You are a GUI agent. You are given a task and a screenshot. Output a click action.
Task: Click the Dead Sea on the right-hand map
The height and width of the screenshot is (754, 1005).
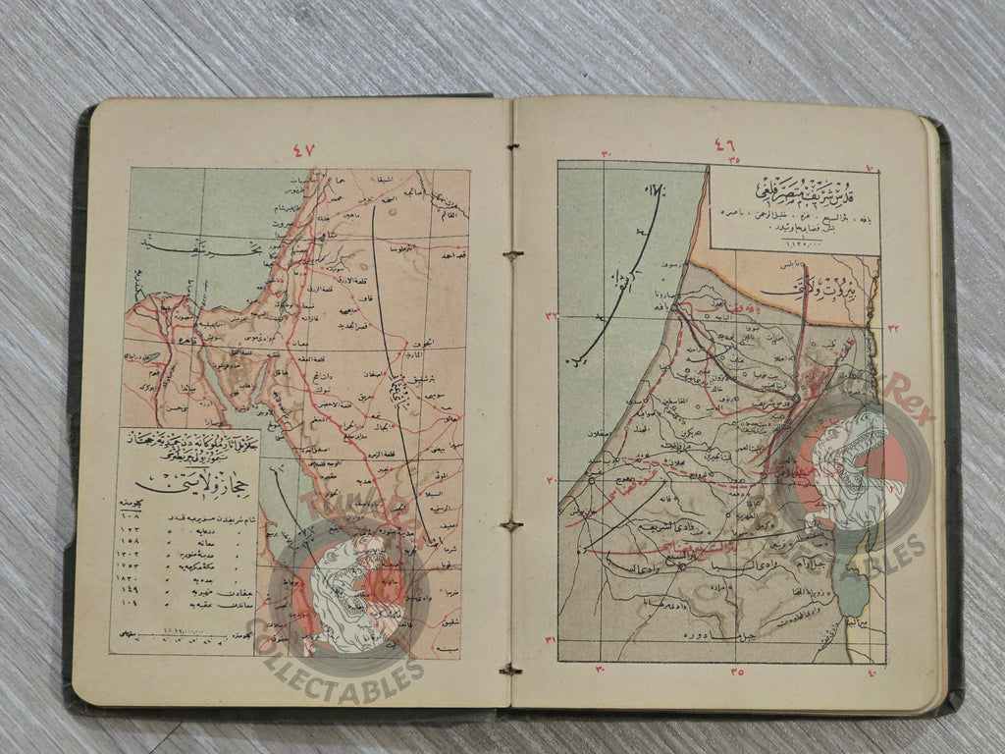[x=853, y=589]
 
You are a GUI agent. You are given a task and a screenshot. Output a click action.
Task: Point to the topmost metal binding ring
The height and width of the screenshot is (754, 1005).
[x=509, y=147]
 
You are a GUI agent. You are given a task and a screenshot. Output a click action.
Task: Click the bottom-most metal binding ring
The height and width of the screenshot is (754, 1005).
[x=509, y=670]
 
